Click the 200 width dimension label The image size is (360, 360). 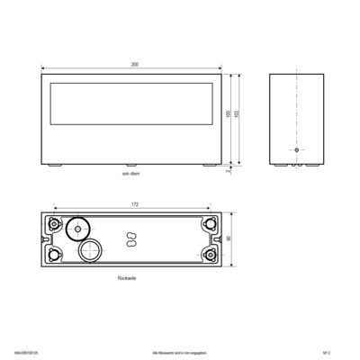[133, 66]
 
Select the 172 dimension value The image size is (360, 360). [133, 204]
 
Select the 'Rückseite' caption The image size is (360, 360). [128, 279]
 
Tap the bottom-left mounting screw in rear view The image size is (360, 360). [55, 254]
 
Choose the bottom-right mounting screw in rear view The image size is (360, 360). [211, 254]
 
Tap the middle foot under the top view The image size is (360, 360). [132, 166]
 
